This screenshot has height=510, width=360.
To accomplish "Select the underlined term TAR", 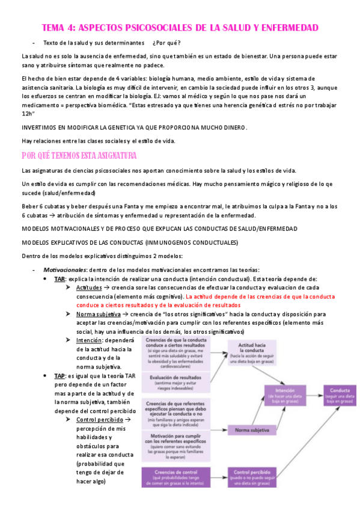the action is pos(59,279).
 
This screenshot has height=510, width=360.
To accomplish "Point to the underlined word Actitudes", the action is pos(89,288).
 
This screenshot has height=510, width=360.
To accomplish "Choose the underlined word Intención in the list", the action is pos(89,340).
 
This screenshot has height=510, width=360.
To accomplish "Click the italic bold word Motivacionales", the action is pos(63,270).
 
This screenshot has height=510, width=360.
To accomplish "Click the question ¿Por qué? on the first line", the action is pos(166,43).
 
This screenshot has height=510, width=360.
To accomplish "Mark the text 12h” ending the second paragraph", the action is pos(28,114).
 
